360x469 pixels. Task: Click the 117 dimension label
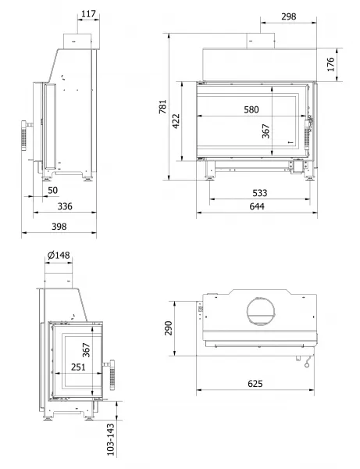[x=88, y=14]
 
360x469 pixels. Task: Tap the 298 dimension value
[x=289, y=16]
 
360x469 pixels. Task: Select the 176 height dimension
[x=331, y=64]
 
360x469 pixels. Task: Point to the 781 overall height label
[x=162, y=106]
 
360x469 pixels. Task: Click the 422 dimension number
[x=176, y=121]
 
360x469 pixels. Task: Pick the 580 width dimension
[x=251, y=109]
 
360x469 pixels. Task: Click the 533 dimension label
[x=259, y=193]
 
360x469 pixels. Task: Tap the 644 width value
[x=257, y=206]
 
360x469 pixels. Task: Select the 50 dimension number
[x=52, y=190]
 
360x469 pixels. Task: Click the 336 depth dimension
[x=65, y=206]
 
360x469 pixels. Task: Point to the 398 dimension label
[x=59, y=227]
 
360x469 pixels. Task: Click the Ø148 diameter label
[x=59, y=255]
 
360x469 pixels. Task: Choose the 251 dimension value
[x=78, y=367]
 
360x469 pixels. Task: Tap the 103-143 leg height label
[x=111, y=439]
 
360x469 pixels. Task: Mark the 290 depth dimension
[x=169, y=328]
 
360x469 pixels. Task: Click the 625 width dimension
[x=255, y=384]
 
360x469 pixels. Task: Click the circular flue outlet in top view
[x=261, y=311]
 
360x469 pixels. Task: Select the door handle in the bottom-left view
[x=111, y=374]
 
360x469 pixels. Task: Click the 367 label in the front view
[x=266, y=131]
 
